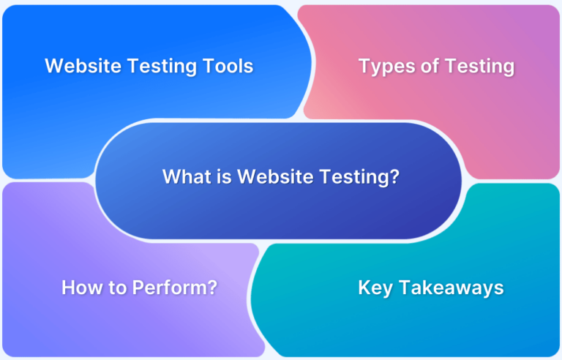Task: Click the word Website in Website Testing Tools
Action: click(x=83, y=66)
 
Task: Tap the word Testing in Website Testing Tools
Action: click(x=162, y=67)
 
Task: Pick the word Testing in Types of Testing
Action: click(x=479, y=67)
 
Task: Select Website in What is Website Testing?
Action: click(x=275, y=176)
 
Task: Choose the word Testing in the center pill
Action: click(x=353, y=178)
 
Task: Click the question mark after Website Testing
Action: click(x=394, y=176)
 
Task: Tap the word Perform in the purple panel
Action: click(x=170, y=288)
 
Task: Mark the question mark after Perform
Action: click(x=212, y=288)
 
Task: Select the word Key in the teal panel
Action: click(x=375, y=288)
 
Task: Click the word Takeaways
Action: click(x=452, y=288)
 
